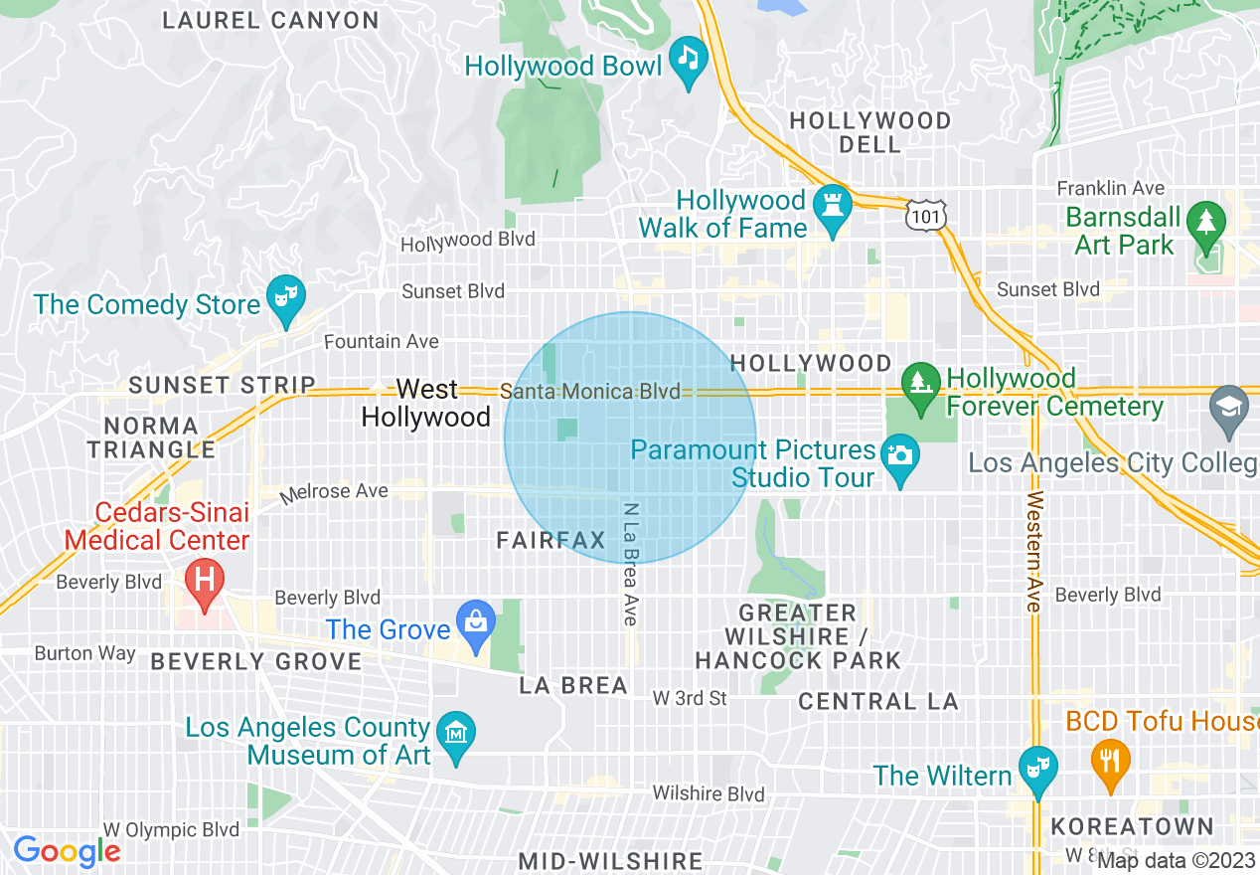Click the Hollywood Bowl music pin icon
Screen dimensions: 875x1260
[688, 58]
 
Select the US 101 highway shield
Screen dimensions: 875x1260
[925, 214]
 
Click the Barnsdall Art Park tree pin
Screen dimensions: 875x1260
[1206, 223]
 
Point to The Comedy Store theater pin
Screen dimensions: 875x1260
[286, 297]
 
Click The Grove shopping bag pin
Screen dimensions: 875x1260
[476, 622]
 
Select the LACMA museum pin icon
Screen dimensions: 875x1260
[456, 735]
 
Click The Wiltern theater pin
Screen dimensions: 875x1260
[1038, 769]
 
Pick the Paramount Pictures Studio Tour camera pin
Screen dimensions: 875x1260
[900, 456]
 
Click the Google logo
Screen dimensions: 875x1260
[67, 851]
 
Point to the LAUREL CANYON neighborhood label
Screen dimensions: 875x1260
[270, 21]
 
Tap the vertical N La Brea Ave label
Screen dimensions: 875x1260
[630, 563]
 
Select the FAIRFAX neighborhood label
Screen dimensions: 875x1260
[551, 541]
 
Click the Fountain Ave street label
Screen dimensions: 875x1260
[382, 342]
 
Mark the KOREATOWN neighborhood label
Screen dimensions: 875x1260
[1132, 827]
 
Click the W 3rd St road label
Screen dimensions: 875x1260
[690, 699]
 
